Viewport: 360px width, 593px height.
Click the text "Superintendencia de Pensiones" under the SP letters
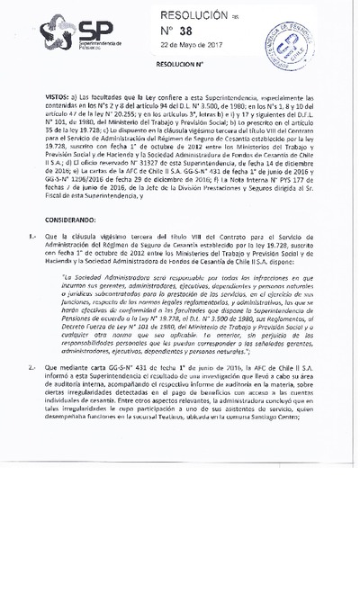click(x=104, y=45)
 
